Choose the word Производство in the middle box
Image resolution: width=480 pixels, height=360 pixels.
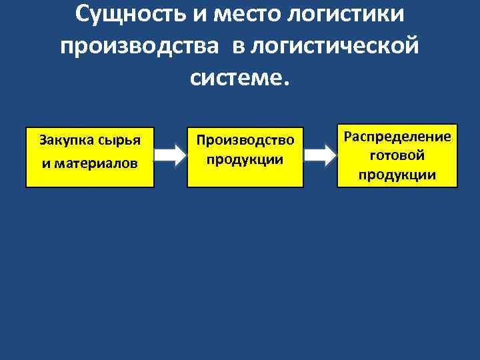245,141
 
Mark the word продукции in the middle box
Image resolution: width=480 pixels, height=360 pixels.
245,160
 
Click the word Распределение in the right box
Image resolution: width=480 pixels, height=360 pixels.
397,137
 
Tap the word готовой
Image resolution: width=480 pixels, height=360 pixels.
397,156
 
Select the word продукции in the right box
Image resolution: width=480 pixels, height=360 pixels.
397,175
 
